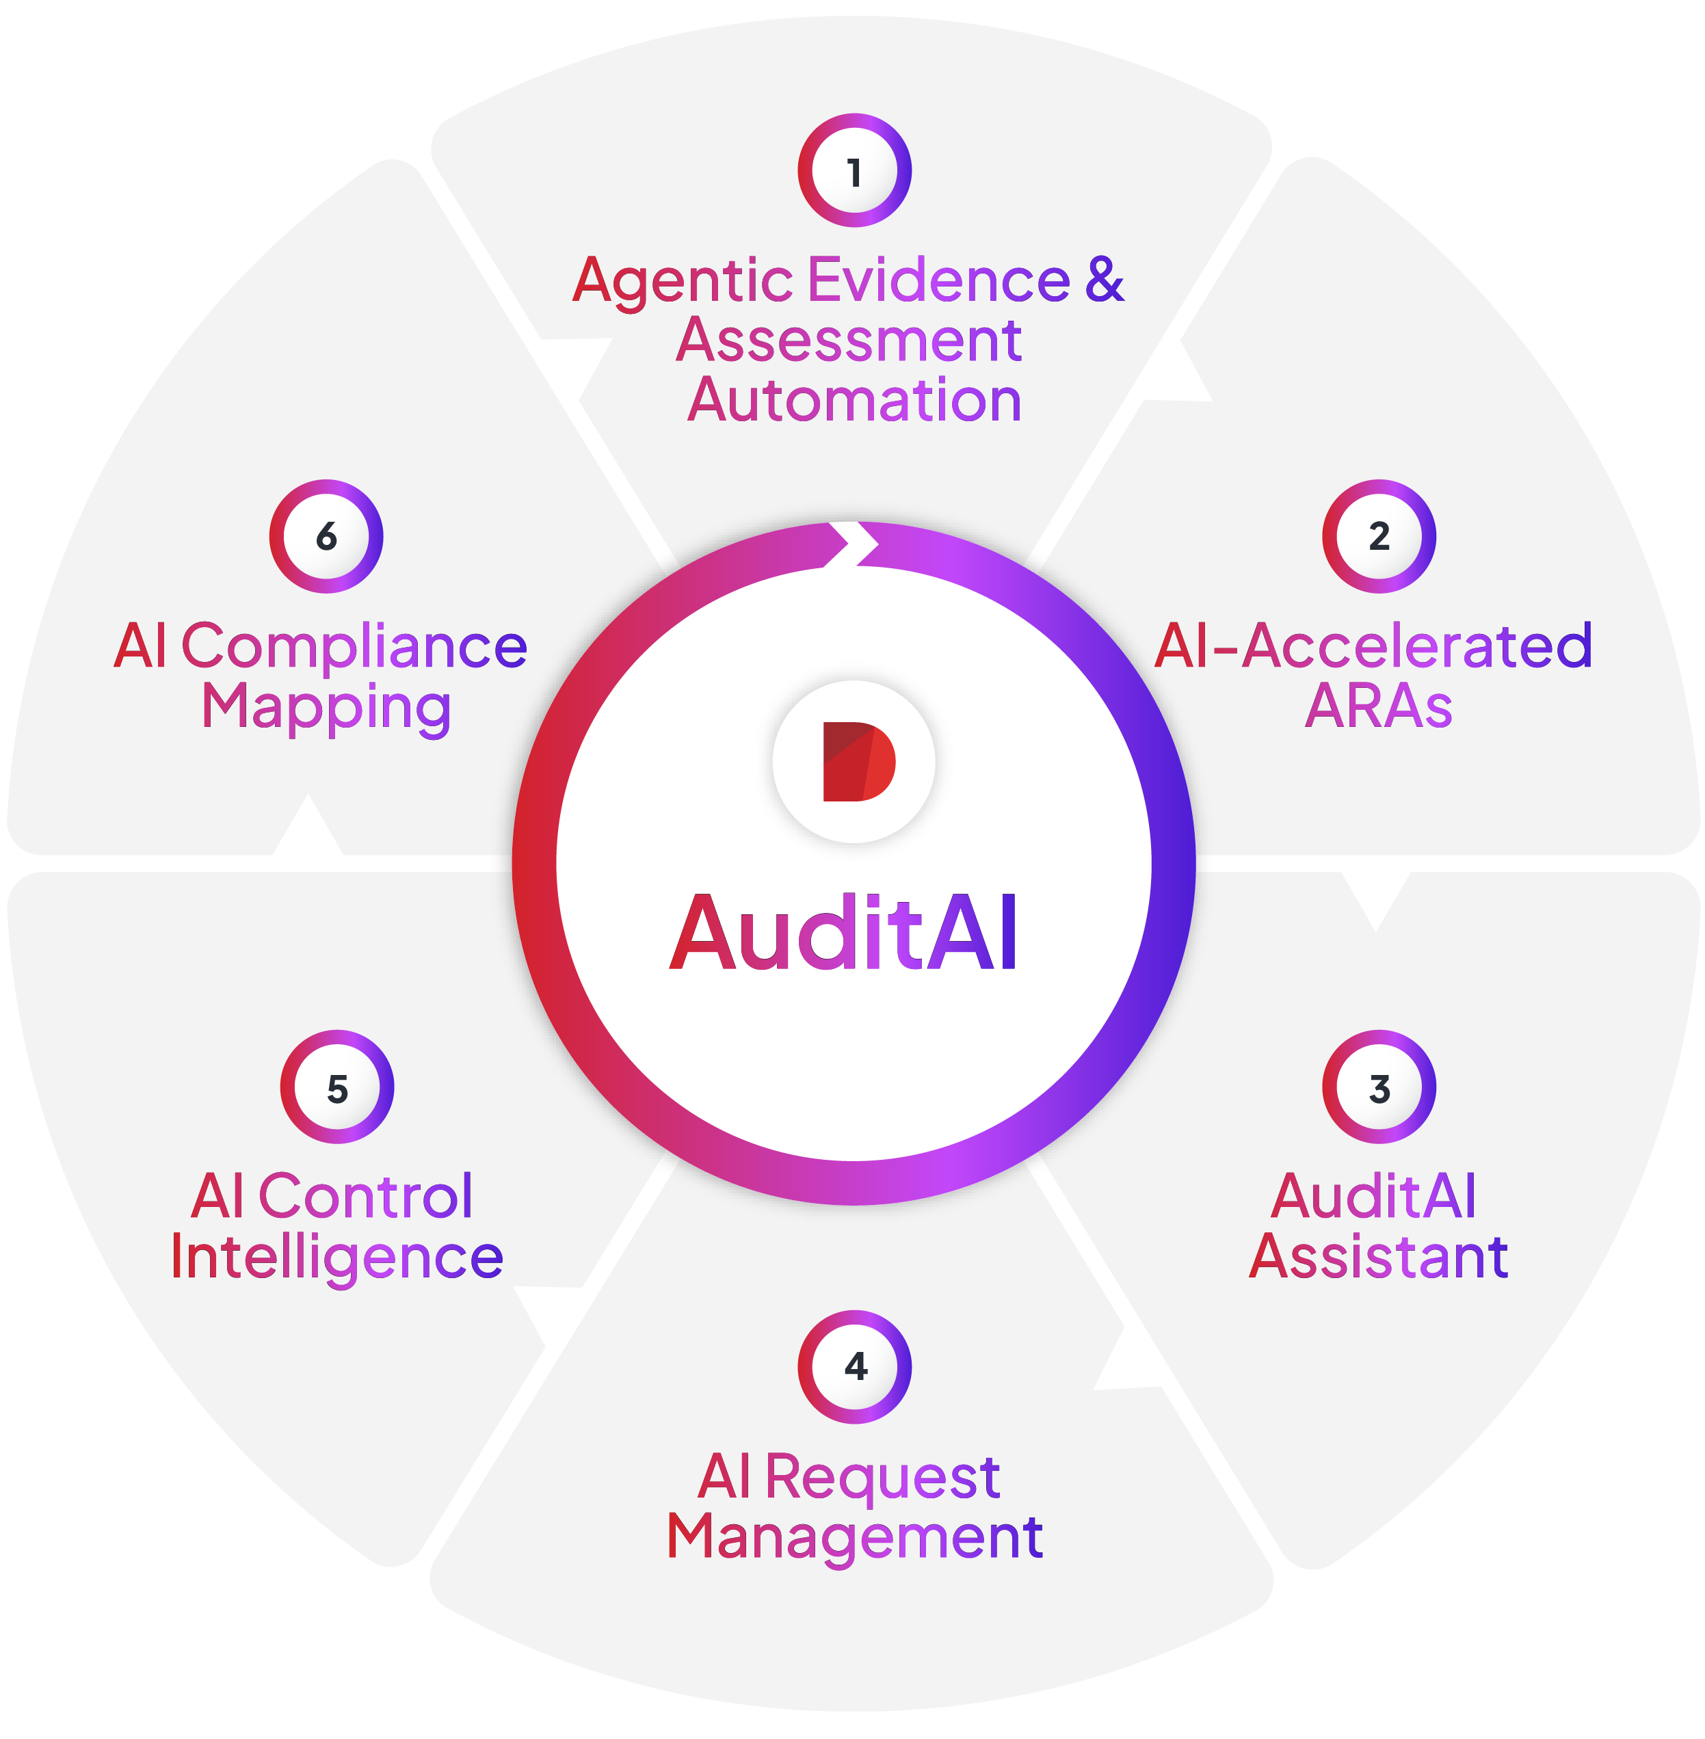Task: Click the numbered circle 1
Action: tap(854, 170)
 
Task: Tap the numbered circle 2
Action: tap(1379, 536)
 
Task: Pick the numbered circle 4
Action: tap(854, 1366)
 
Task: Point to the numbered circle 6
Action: tap(326, 536)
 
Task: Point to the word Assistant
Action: tap(1378, 1256)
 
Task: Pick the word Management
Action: tap(854, 1537)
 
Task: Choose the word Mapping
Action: tap(326, 707)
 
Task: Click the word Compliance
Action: tap(355, 646)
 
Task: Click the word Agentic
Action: tap(683, 281)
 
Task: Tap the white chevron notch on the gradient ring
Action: tap(851, 543)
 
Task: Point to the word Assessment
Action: tap(849, 341)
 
